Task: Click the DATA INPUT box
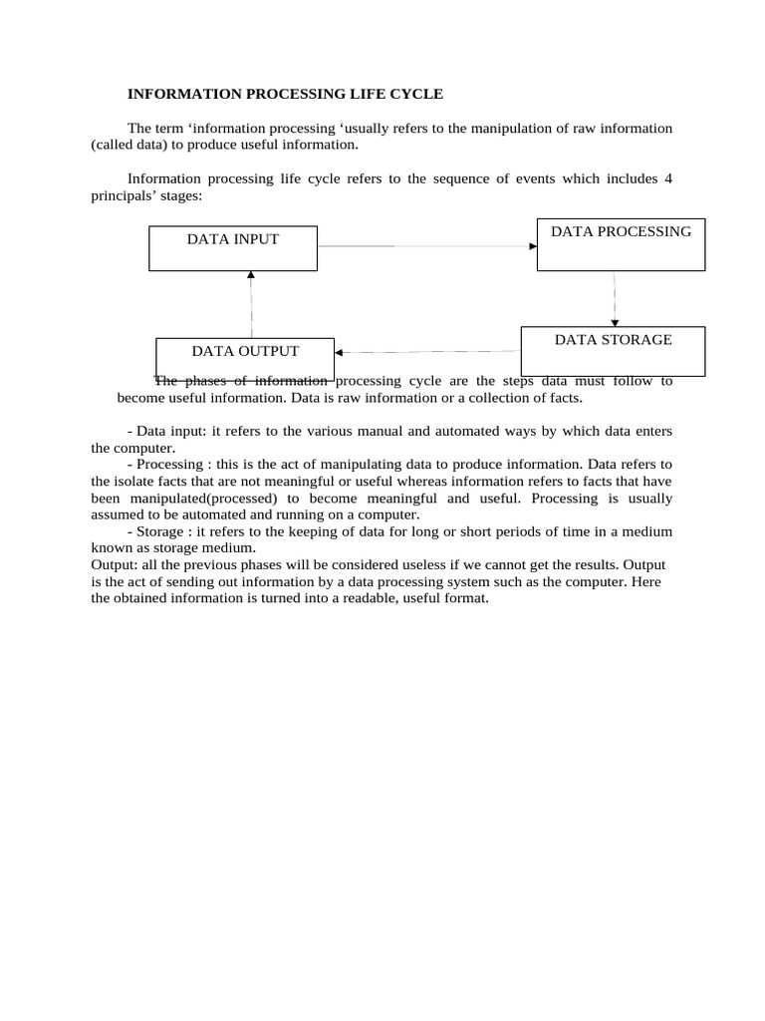point(233,248)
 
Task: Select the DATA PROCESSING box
point(621,244)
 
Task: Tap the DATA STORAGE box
point(613,351)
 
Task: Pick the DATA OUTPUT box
point(245,359)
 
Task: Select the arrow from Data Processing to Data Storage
point(615,298)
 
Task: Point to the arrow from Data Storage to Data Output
point(428,351)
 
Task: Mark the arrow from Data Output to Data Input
point(251,304)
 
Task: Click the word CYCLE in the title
point(418,94)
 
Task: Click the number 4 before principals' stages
point(668,178)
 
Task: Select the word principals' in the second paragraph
point(125,195)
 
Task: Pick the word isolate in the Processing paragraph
point(140,481)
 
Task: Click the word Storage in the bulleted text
point(159,531)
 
